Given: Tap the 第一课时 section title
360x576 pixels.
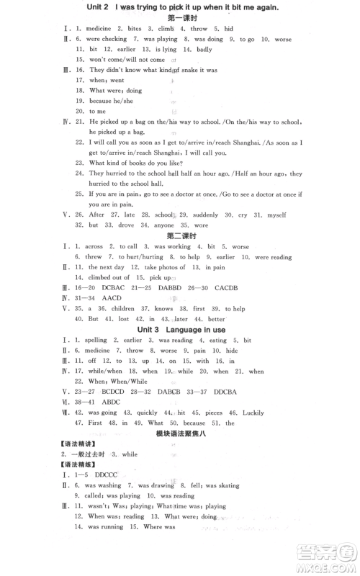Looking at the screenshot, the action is tap(181, 18).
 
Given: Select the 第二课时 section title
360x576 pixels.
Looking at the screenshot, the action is tap(181, 235).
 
